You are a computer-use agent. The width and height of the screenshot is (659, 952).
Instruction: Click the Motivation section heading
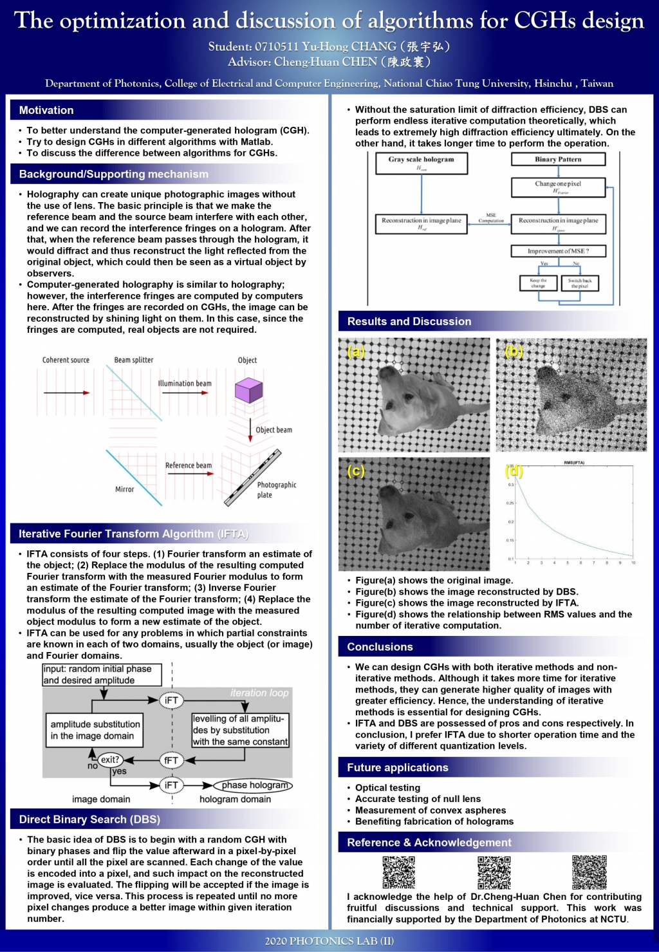(46, 110)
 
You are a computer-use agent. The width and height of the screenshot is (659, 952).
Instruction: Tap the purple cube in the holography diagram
(248, 390)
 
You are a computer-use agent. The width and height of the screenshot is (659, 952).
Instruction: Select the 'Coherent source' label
(66, 360)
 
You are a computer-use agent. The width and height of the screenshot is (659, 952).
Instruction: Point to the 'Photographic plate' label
(276, 490)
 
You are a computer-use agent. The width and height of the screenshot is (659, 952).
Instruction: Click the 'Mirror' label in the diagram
(124, 489)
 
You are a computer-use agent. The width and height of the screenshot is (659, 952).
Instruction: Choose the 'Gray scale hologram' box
(422, 163)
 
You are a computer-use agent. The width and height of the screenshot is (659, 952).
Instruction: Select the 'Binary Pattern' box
(558, 159)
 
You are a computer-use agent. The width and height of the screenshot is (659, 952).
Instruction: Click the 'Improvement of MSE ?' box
(558, 251)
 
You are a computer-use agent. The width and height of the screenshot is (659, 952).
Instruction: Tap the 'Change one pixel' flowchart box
(558, 187)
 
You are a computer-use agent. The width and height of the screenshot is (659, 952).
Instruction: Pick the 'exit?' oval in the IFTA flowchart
(110, 760)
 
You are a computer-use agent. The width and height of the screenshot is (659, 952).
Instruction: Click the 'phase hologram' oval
(252, 785)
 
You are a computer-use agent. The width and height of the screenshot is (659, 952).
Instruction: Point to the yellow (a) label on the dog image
(355, 351)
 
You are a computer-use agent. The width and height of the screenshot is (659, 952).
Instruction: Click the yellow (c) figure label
(355, 471)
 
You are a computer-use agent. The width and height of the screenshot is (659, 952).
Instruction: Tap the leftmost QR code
(398, 872)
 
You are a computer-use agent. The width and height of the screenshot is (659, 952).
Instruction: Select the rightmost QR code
(589, 872)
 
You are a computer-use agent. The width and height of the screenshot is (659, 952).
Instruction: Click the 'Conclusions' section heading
(380, 647)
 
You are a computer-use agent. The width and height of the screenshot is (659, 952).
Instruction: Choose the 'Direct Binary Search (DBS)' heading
(89, 819)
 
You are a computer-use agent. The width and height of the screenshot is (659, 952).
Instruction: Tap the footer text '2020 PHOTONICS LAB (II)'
(329, 941)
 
